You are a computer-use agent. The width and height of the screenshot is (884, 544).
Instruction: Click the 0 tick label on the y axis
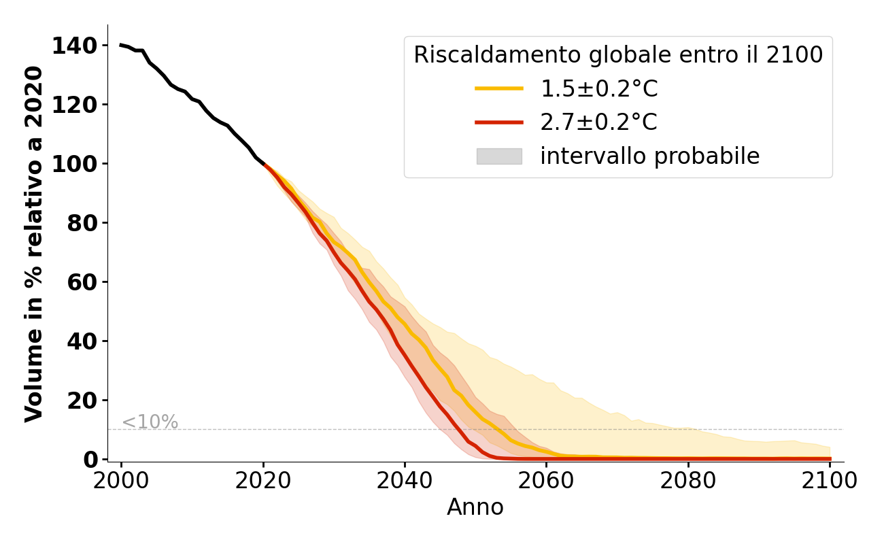(90, 460)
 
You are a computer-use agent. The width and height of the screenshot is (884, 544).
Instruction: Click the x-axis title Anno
(475, 507)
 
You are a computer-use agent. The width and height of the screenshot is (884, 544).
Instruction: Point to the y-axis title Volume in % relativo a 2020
(34, 243)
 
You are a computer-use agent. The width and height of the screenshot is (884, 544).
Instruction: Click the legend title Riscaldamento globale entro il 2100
(618, 55)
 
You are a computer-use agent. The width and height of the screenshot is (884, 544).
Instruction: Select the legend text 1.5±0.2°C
(599, 89)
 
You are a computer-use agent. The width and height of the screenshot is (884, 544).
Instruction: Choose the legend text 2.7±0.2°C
(599, 122)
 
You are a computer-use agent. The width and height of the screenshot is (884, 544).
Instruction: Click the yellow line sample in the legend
(499, 88)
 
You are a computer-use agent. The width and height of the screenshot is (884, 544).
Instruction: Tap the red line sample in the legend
(499, 122)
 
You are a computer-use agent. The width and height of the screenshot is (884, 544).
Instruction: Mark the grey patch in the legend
(499, 156)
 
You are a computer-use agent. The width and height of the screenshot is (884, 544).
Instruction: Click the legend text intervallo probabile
(649, 156)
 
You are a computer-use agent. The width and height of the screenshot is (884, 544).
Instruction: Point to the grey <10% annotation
(150, 422)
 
